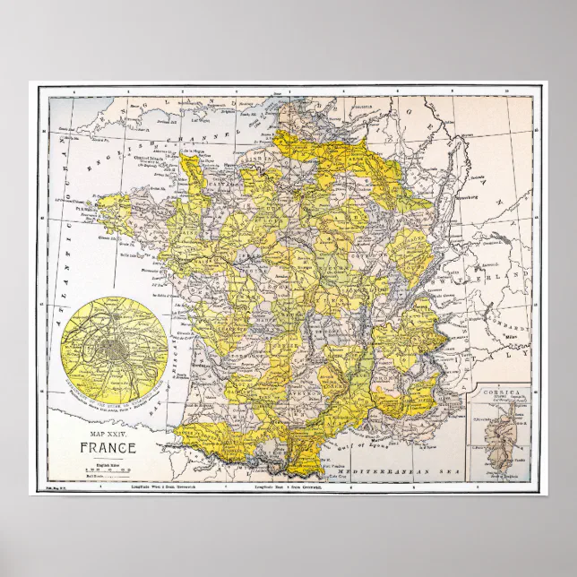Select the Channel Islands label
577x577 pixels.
pos(134,166)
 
